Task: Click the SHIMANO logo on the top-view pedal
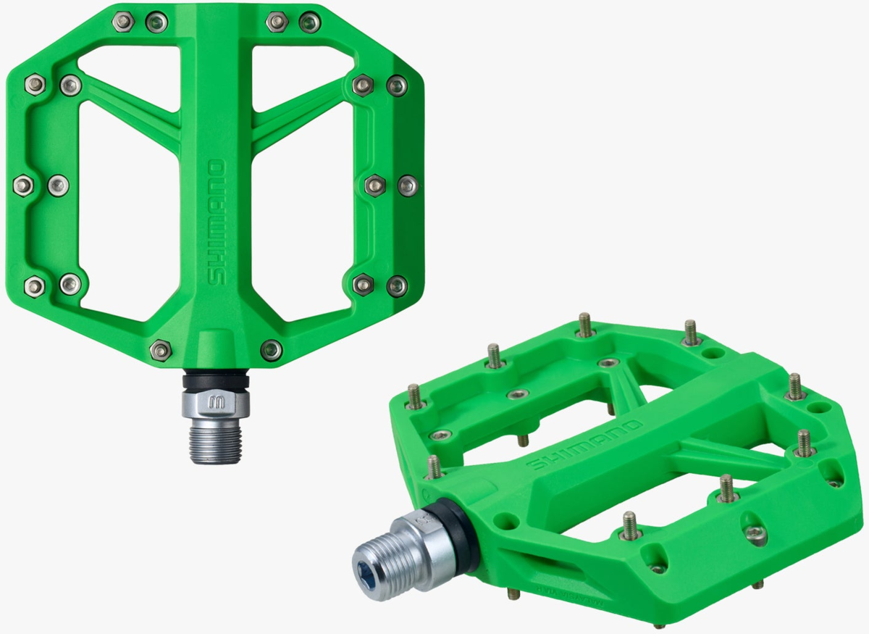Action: tap(217, 222)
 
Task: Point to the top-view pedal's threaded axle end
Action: tap(216, 441)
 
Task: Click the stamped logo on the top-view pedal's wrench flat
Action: tap(216, 403)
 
